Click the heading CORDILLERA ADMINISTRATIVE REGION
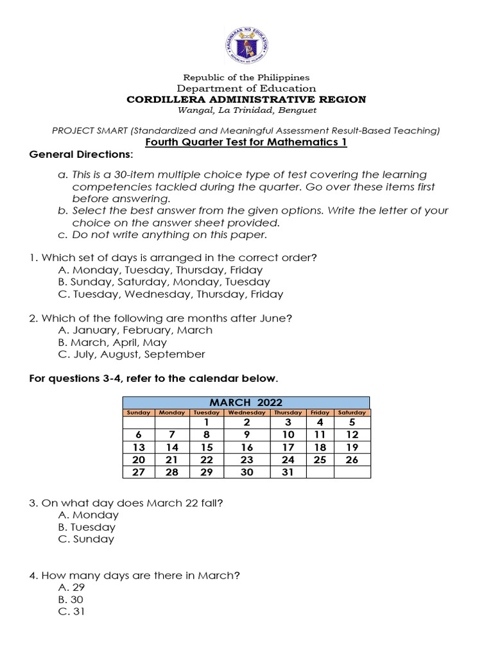tap(246, 99)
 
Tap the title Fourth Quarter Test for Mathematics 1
tap(246, 142)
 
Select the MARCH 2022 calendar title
tap(246, 402)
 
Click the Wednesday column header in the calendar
tap(246, 413)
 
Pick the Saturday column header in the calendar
tap(352, 413)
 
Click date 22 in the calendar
tap(206, 460)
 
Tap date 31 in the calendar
tap(288, 472)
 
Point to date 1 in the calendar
tap(206, 423)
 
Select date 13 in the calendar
tap(138, 447)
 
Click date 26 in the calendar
tap(352, 460)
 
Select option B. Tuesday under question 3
tap(87, 527)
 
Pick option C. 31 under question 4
tap(71, 611)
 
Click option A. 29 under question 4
tap(71, 587)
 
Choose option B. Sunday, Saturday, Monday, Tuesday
tap(164, 282)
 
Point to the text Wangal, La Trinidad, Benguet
tap(246, 110)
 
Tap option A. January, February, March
tap(135, 330)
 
